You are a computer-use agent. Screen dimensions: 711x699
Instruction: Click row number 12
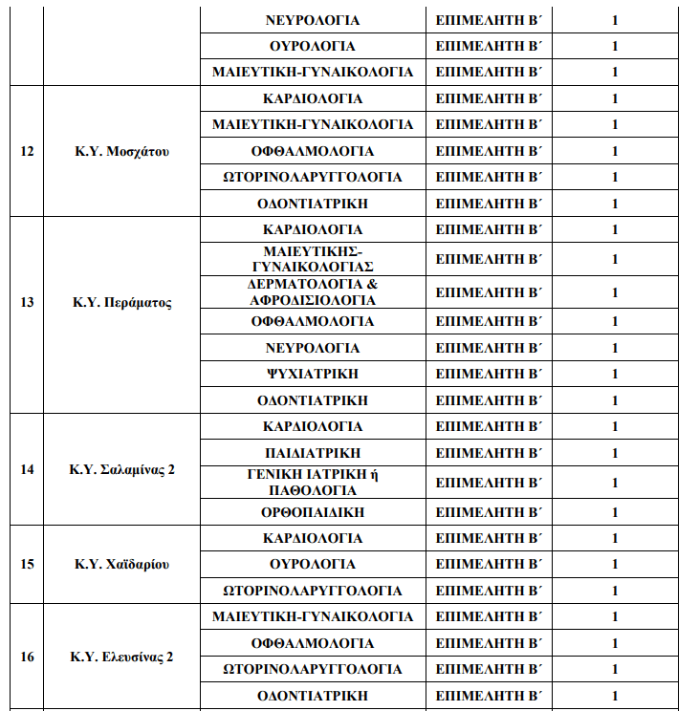click(27, 151)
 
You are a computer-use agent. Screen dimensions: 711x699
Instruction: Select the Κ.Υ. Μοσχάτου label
click(121, 151)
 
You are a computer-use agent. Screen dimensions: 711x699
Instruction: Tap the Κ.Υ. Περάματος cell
click(121, 302)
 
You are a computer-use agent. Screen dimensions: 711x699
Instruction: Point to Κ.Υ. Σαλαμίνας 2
click(121, 469)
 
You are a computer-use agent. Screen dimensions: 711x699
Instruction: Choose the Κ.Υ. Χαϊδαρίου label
click(121, 564)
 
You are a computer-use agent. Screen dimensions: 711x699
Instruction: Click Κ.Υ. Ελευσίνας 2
click(121, 657)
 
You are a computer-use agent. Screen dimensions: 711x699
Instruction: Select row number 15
click(27, 564)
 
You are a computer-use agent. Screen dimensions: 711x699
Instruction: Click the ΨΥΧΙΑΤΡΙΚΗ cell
click(313, 374)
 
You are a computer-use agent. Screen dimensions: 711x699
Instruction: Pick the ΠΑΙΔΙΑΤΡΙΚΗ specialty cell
click(313, 452)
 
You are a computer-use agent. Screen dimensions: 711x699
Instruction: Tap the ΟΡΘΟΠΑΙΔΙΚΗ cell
click(313, 512)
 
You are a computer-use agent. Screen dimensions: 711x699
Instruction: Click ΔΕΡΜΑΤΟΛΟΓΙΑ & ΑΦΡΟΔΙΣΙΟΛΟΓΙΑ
click(313, 292)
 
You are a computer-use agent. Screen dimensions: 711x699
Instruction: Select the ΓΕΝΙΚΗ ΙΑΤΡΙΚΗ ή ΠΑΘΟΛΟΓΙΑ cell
click(313, 483)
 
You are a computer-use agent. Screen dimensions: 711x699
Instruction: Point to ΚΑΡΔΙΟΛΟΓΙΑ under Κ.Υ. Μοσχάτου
click(313, 98)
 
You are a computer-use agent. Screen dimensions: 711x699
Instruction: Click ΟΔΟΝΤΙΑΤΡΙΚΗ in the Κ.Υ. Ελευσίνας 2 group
click(313, 696)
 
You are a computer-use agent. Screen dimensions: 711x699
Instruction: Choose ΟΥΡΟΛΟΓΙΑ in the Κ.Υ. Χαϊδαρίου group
click(313, 564)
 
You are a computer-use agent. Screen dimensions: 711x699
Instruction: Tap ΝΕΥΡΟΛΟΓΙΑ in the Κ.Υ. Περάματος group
click(313, 348)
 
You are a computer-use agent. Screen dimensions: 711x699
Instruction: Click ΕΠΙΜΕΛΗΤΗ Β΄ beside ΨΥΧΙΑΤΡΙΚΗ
click(489, 374)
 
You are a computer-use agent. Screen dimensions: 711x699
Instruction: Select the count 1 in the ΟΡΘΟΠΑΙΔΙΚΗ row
click(615, 512)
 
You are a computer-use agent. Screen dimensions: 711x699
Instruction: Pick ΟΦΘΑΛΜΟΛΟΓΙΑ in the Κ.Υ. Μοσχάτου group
click(313, 151)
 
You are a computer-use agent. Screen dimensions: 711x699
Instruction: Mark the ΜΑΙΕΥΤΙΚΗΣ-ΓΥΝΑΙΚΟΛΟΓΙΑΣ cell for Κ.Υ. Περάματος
click(313, 259)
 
